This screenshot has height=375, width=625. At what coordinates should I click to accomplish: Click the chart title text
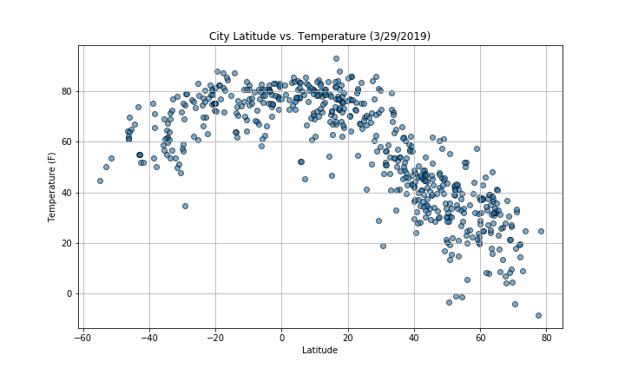[x=319, y=36]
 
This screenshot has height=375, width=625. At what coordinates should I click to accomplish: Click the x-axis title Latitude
[x=319, y=350]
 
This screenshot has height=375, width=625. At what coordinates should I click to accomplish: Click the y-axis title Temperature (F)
[x=52, y=187]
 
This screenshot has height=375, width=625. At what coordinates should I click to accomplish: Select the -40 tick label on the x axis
[x=149, y=337]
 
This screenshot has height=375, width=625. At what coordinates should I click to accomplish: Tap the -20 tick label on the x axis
[x=215, y=337]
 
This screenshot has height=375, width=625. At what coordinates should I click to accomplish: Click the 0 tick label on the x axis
[x=282, y=337]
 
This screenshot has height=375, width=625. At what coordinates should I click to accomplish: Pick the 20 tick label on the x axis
[x=348, y=337]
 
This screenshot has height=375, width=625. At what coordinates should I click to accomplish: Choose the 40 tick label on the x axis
[x=414, y=337]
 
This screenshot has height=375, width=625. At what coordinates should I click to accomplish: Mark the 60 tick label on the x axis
[x=480, y=337]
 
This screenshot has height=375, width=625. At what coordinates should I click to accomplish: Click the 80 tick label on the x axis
[x=546, y=337]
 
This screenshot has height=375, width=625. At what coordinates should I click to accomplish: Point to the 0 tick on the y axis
[x=69, y=293]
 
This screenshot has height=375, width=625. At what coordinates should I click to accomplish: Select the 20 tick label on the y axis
[x=67, y=243]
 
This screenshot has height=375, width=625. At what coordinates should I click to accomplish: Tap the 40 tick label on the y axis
[x=67, y=193]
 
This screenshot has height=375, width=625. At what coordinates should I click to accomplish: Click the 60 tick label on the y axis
[x=67, y=141]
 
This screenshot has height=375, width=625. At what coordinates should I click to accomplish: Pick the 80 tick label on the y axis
[x=67, y=91]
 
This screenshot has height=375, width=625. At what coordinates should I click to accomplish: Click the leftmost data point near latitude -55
[x=100, y=181]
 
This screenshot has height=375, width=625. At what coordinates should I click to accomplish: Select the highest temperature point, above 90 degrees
[x=336, y=59]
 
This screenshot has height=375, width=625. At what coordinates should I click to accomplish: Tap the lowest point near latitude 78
[x=538, y=315]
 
